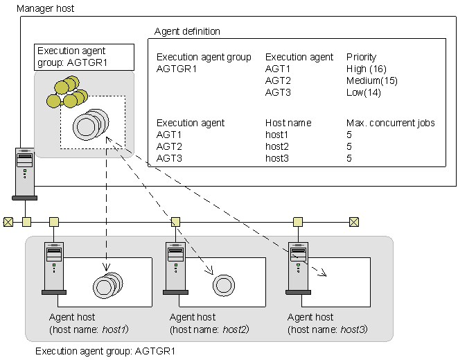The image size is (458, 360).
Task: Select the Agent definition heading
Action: tap(187, 32)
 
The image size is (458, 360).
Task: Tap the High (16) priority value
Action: tap(365, 69)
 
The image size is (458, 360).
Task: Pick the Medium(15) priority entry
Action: tap(371, 80)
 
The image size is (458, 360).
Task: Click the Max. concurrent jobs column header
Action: tap(390, 123)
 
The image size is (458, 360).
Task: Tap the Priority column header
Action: tap(361, 57)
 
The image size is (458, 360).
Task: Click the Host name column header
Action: tap(288, 123)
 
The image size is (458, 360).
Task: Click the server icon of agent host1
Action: tap(53, 267)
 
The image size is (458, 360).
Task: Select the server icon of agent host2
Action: tap(175, 267)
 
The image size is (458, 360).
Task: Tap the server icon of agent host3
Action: tap(297, 267)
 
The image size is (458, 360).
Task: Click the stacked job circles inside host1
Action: tap(107, 284)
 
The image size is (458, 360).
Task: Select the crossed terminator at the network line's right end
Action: tap(354, 222)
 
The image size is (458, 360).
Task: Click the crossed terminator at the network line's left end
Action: tap(8, 222)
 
